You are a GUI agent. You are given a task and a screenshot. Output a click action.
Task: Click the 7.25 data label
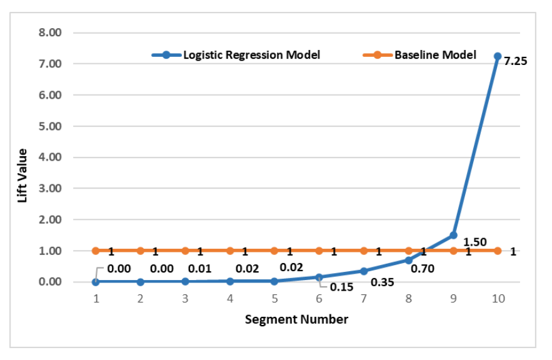pos(516,62)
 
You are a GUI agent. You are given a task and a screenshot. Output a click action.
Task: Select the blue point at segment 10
pos(498,56)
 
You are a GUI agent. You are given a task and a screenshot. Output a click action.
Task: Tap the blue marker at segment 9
pos(453,236)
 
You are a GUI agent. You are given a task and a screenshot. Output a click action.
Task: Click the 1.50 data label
pos(474,242)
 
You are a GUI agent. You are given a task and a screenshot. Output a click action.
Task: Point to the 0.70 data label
pos(422,269)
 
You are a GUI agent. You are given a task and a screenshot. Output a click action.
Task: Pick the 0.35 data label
pos(383,282)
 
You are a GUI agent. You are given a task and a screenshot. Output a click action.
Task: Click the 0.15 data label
pos(341,287)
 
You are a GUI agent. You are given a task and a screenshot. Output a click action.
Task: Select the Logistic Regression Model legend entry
pos(250,55)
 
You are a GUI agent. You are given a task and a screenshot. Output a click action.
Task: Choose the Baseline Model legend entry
pos(434,55)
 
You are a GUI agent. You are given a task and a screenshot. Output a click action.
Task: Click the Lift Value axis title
pos(23,175)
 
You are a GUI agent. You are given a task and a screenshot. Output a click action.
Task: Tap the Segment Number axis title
pos(296,319)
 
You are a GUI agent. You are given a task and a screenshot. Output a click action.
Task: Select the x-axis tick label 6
pos(319,299)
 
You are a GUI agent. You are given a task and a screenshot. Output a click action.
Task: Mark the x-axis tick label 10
pos(498,299)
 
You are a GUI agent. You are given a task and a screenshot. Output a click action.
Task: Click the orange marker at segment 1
pos(96,251)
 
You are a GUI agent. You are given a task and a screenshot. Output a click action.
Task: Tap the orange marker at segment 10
pos(498,251)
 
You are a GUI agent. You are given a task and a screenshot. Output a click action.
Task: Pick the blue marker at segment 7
pos(364,271)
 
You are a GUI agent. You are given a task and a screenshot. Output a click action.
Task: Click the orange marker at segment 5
pos(274,251)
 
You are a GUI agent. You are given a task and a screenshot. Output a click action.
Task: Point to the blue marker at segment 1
pos(96,282)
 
